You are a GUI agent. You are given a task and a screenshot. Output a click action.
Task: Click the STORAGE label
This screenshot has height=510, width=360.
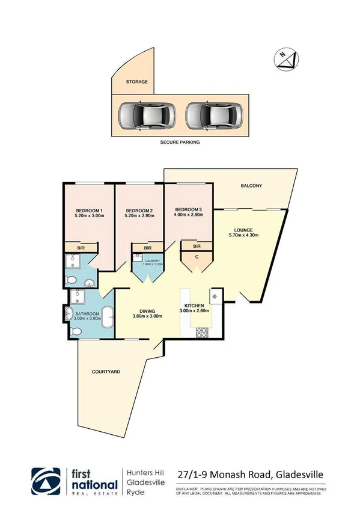pos(136,82)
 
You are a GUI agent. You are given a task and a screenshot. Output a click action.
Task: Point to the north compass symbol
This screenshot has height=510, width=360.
pos(287,58)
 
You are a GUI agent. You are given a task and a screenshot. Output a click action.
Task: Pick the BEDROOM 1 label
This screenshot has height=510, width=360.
pos(85,210)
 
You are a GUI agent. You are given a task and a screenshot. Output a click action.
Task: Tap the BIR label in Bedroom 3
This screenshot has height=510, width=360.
pos(197,245)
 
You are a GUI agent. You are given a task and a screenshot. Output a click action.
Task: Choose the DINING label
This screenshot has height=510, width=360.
pos(147,310)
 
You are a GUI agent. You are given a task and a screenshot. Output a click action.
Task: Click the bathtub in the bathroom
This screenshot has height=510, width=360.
pos(109,317)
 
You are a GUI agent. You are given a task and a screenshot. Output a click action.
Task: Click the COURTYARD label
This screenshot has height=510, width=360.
pos(105,372)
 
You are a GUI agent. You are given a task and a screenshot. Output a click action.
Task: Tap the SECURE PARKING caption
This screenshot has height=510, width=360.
pos(179,143)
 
